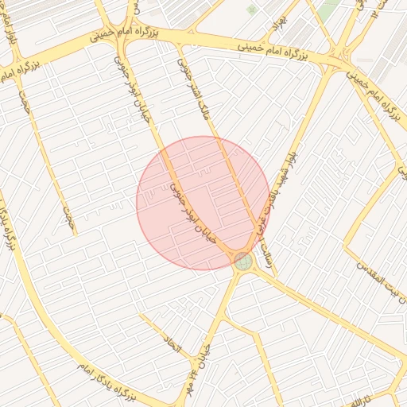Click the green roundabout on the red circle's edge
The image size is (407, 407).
[242, 260]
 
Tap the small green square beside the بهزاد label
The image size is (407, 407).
[252, 10]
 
